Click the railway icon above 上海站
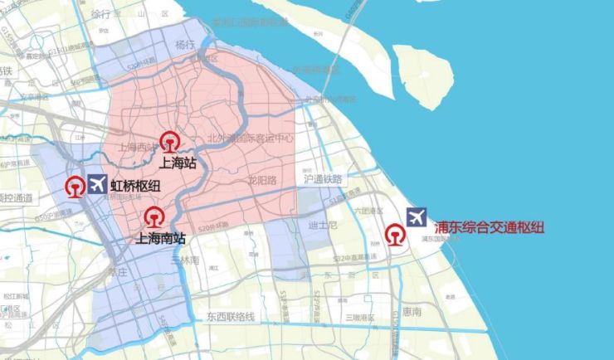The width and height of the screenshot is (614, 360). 171,143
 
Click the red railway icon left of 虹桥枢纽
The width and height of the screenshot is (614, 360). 75,187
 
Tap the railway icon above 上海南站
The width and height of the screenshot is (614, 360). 153,218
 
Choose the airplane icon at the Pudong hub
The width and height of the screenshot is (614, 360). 417,217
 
